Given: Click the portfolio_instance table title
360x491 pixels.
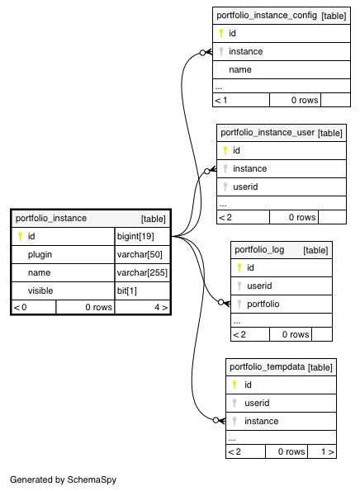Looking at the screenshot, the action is (x=51, y=218).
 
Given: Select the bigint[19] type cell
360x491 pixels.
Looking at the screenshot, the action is (x=135, y=236).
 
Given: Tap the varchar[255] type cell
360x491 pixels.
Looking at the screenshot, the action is (x=142, y=273).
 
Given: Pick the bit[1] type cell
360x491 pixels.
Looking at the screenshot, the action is (x=127, y=291).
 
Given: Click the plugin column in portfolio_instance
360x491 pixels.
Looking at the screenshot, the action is (x=40, y=255).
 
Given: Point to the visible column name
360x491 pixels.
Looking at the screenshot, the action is (x=40, y=291).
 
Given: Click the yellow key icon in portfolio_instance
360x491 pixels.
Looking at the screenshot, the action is (x=20, y=236).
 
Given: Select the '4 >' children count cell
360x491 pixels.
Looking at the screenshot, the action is (x=161, y=307).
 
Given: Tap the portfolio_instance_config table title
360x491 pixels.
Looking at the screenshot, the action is (x=267, y=16).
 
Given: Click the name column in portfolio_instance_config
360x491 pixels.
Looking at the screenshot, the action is (x=240, y=70).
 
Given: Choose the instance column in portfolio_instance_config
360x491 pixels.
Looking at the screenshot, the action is (x=245, y=52).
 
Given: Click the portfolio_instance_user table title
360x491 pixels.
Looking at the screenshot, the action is (x=268, y=133).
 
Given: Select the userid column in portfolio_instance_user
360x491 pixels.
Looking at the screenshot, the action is (x=245, y=187).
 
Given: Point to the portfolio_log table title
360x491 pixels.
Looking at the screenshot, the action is (x=259, y=249).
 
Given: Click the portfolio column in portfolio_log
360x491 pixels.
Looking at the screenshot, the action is (x=263, y=304).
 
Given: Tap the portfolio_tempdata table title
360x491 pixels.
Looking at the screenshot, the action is (x=267, y=366).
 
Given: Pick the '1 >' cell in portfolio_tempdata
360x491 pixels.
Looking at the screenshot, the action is (x=328, y=452).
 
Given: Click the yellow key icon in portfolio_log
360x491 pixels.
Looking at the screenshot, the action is (x=239, y=267).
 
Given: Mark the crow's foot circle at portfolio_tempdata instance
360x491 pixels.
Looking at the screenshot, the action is (x=216, y=420).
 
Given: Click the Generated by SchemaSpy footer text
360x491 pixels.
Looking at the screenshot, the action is (x=63, y=479).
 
